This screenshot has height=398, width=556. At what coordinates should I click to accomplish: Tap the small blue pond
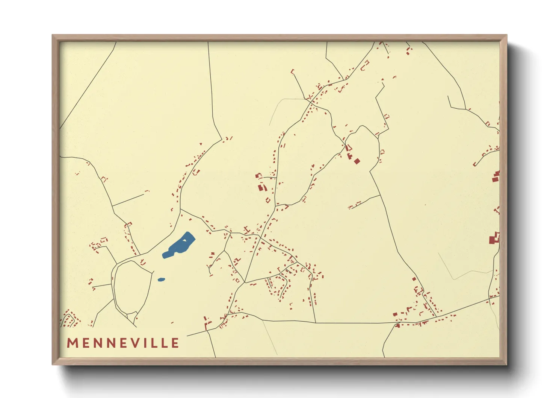161,280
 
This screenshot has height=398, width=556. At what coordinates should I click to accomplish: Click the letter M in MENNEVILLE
72,343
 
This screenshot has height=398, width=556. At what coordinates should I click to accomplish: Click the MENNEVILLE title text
123,343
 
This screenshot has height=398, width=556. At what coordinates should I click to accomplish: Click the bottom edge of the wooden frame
280,362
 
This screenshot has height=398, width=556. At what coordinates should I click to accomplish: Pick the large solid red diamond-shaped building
357,161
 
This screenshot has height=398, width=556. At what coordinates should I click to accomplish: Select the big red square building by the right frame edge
491,240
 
